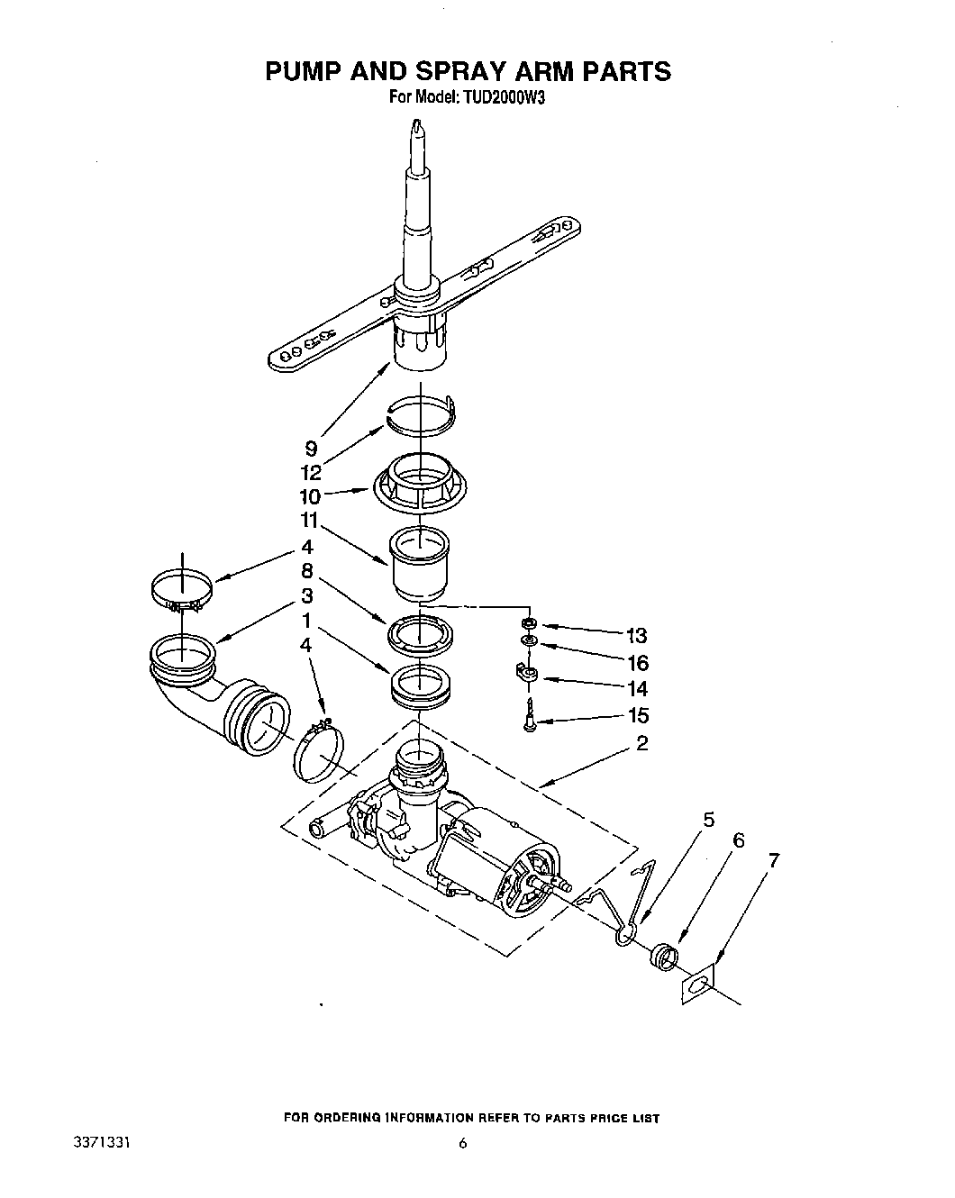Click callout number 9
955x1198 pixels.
[x=311, y=446]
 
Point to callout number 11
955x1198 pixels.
[x=309, y=520]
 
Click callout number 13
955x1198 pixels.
[x=637, y=635]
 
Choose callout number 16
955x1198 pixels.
[x=637, y=663]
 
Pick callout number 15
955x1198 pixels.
[x=637, y=716]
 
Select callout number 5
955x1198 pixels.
[x=708, y=820]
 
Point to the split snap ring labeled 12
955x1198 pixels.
[x=420, y=414]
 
